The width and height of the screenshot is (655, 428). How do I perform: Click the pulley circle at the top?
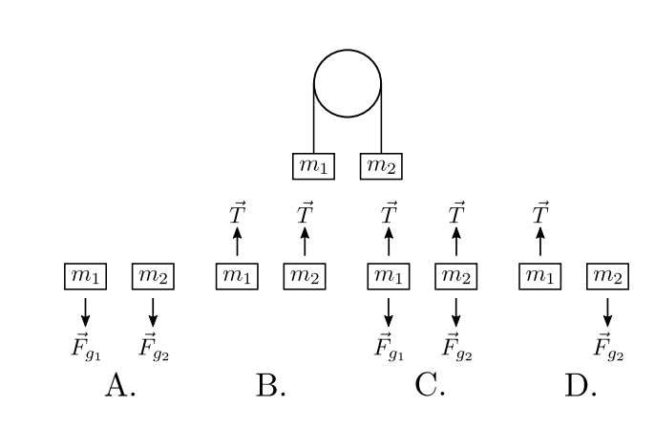(348, 82)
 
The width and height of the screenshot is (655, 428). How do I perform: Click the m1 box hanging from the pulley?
(313, 166)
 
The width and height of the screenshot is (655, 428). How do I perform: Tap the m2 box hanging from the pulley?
(381, 166)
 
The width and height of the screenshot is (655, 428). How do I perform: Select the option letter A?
(119, 387)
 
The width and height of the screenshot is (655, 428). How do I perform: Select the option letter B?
(271, 387)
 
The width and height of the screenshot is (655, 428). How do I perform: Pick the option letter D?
(581, 387)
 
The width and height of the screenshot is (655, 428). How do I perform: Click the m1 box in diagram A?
(85, 277)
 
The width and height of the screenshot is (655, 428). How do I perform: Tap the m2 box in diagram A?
(153, 277)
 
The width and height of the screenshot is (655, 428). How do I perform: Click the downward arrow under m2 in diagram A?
(153, 311)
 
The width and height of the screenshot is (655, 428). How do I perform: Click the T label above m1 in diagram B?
(238, 213)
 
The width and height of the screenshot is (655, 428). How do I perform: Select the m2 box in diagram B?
(305, 277)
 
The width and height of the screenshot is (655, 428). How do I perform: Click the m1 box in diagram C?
(389, 277)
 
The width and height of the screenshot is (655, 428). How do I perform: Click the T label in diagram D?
(540, 213)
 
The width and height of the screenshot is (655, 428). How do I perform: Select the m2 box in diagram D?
(607, 277)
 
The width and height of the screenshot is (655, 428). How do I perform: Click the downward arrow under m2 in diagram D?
(607, 311)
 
